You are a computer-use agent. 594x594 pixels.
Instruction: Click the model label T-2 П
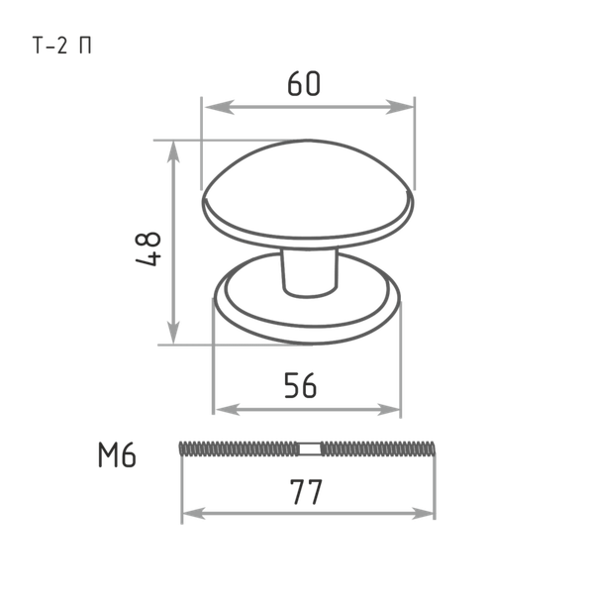[x=62, y=46]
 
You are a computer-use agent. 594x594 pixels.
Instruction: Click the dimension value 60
[x=304, y=83]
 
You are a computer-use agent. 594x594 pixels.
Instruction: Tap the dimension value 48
[x=148, y=248]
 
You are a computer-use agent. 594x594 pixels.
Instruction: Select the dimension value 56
[x=300, y=386]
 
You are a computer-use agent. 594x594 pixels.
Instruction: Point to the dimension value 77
[x=306, y=492]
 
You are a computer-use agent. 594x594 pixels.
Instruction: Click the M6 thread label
[x=117, y=455]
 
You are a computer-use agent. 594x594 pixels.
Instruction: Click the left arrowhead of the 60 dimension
[x=220, y=107]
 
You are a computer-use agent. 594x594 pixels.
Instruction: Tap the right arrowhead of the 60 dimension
[x=399, y=107]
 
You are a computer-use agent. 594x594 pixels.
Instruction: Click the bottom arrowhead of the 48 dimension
[x=173, y=334]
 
